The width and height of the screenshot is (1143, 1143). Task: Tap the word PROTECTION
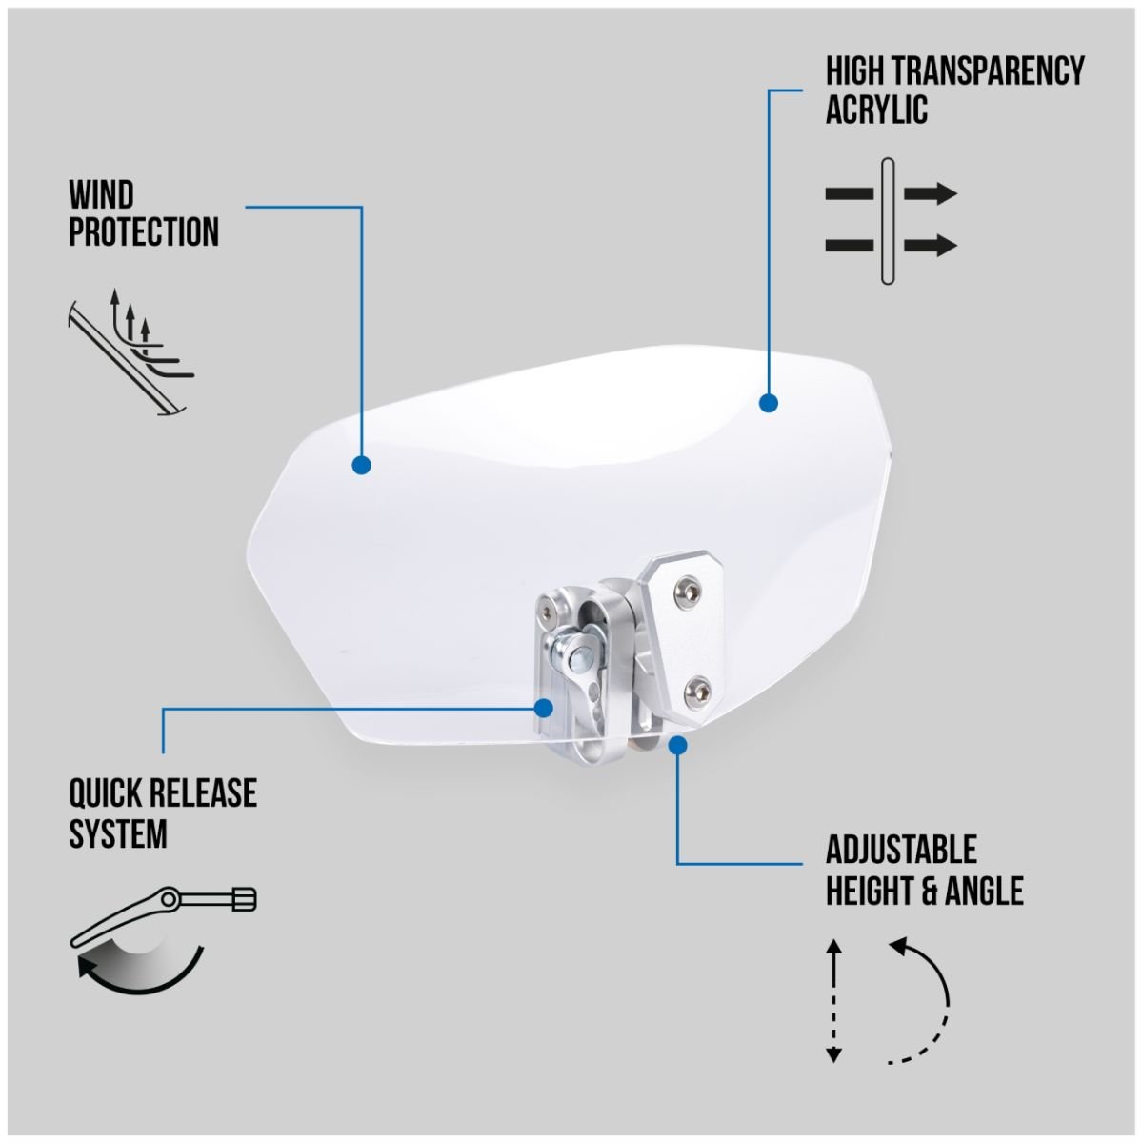coord(144,231)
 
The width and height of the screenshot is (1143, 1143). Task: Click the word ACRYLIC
coord(876,110)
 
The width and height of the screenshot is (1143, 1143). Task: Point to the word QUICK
coord(105,793)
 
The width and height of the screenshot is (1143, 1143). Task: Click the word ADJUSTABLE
coord(901,850)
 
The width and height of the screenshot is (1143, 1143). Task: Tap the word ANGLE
coord(984,891)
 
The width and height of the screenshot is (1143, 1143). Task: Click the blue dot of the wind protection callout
coord(361,465)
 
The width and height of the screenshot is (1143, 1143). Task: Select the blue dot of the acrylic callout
coord(768,403)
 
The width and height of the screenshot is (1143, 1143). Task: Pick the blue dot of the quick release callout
coord(543,708)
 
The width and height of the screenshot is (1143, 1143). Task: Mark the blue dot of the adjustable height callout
coord(677,745)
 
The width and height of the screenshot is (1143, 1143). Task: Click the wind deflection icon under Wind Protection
coord(131,352)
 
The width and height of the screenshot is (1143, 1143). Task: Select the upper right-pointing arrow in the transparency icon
coord(930,194)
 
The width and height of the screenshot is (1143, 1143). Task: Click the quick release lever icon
coord(163,940)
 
